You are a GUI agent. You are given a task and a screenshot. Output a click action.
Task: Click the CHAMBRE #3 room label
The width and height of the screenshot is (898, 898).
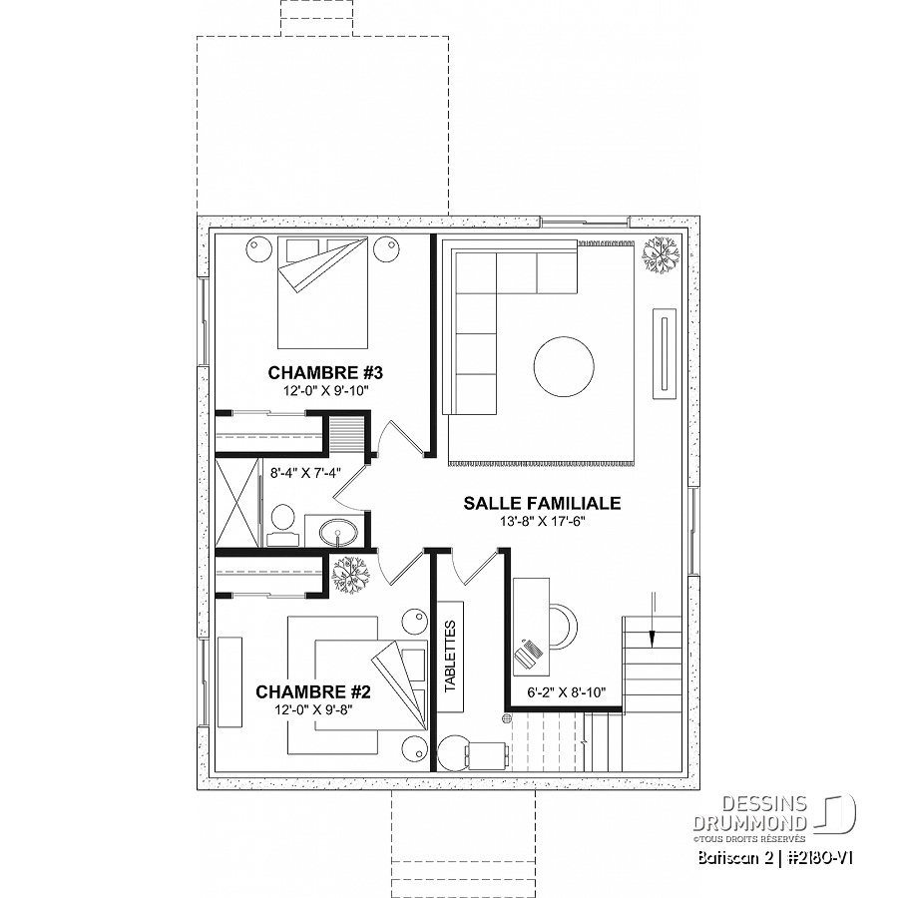(325, 373)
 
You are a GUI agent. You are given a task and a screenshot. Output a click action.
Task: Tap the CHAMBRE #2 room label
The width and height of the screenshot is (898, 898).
(313, 691)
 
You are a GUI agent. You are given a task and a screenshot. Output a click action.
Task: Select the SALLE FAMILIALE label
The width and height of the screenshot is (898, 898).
(542, 503)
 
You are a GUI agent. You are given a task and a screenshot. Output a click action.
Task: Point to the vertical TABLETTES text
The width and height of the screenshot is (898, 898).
(450, 657)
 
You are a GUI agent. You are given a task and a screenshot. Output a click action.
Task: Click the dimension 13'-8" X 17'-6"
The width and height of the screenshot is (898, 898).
(542, 521)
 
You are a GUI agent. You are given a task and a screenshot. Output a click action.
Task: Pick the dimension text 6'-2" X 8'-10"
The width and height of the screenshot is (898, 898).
(567, 692)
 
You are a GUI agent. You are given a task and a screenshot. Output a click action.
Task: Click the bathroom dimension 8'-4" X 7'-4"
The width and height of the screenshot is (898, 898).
(306, 473)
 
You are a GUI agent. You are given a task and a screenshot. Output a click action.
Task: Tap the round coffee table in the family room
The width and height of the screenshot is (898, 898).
(564, 366)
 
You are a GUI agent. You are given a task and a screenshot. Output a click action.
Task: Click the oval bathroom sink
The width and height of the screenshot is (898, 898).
(338, 533)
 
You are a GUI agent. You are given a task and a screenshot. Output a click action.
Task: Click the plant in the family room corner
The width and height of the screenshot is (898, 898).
(661, 254)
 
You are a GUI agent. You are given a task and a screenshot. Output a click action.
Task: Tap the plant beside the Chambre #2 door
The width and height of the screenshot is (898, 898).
(350, 575)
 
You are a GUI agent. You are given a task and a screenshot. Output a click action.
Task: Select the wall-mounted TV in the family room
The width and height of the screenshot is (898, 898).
(665, 353)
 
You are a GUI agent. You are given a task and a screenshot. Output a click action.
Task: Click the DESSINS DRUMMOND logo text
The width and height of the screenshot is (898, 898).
(750, 813)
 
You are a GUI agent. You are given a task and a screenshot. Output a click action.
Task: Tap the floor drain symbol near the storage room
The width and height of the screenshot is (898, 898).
(506, 717)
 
